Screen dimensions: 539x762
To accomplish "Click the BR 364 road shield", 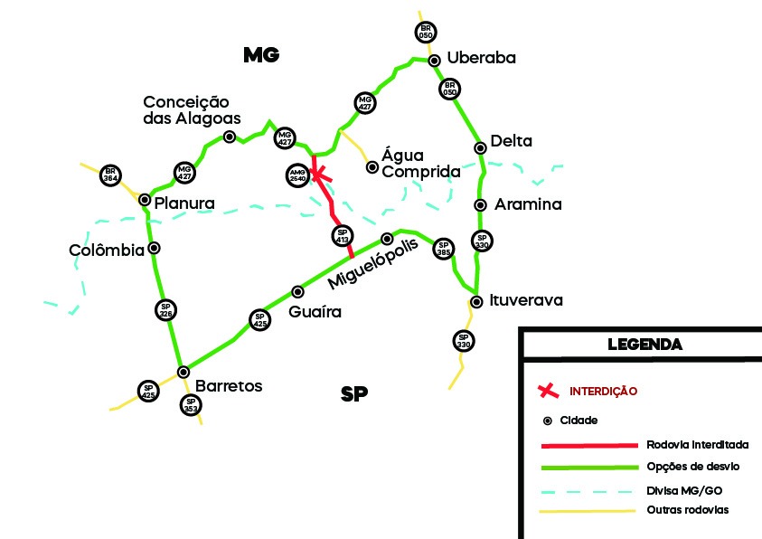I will (x=111, y=175).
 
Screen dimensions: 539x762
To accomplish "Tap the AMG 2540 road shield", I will (x=298, y=175).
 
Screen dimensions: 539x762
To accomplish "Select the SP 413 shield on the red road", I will (x=342, y=237).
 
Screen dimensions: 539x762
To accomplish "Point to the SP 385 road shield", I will (x=443, y=249).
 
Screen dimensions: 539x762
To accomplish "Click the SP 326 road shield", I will (x=165, y=310).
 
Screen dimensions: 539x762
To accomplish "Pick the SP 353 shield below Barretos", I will (x=190, y=405).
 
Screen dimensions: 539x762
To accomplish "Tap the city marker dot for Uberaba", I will (x=435, y=61).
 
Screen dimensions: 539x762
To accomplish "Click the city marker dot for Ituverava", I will (x=476, y=301).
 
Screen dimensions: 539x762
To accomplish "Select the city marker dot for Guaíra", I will (x=297, y=291).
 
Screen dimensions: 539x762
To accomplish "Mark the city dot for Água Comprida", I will (x=372, y=166).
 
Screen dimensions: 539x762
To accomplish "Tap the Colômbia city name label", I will (x=107, y=250).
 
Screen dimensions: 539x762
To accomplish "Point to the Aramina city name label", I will (x=528, y=205).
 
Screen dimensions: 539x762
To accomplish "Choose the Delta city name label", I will (x=511, y=141).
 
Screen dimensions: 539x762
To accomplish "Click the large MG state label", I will (x=261, y=55).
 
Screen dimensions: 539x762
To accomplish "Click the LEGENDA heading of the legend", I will (x=644, y=345).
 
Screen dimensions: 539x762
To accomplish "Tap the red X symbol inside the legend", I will (x=546, y=392).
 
